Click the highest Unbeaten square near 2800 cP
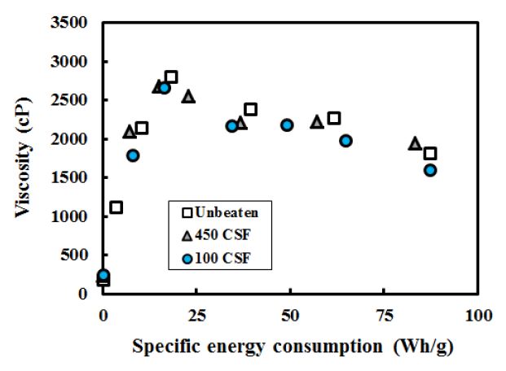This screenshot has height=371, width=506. tap(171, 77)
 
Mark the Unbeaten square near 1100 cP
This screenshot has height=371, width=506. tap(116, 207)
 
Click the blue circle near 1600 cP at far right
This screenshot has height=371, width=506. tap(430, 170)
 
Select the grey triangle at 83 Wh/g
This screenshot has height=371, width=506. tap(415, 143)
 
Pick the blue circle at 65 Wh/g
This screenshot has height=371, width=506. tap(345, 141)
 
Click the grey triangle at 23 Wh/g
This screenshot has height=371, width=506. tap(188, 96)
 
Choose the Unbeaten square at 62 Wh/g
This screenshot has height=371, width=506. tap(334, 118)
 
